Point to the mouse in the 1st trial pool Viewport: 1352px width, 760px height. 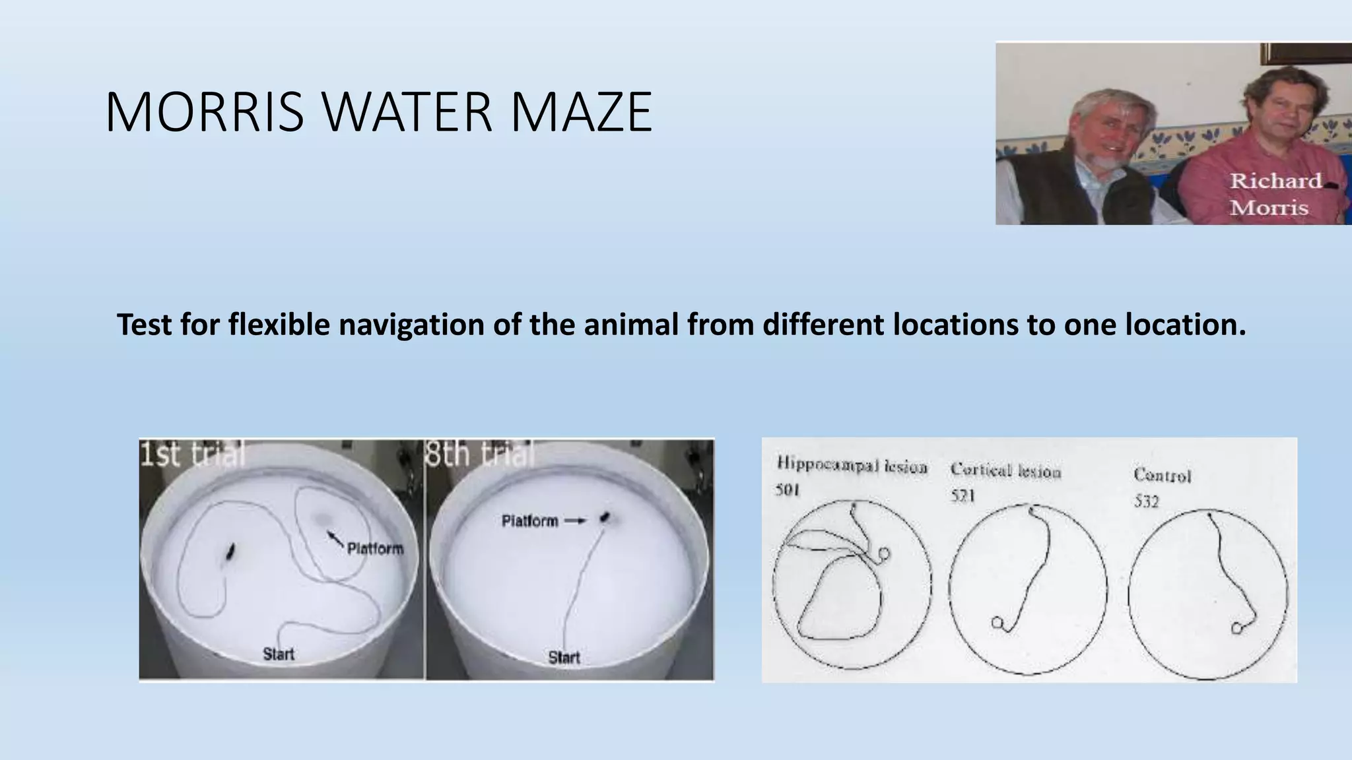click(x=230, y=552)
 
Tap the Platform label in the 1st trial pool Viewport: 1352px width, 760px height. click(x=375, y=549)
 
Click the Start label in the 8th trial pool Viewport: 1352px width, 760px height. click(x=564, y=657)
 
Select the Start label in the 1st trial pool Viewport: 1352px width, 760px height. click(x=279, y=654)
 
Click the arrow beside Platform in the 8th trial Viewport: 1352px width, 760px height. click(x=576, y=521)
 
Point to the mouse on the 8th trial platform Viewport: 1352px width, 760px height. click(x=604, y=518)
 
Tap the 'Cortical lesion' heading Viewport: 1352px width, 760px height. click(x=1005, y=471)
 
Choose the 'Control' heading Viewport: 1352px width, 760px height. click(x=1162, y=475)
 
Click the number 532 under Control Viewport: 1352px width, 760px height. click(x=1146, y=501)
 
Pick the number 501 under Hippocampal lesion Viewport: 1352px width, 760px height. click(x=788, y=491)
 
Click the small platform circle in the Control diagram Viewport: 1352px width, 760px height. click(x=1236, y=628)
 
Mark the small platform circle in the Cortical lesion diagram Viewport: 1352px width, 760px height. click(x=996, y=621)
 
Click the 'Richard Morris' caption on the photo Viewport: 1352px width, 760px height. click(x=1275, y=195)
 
